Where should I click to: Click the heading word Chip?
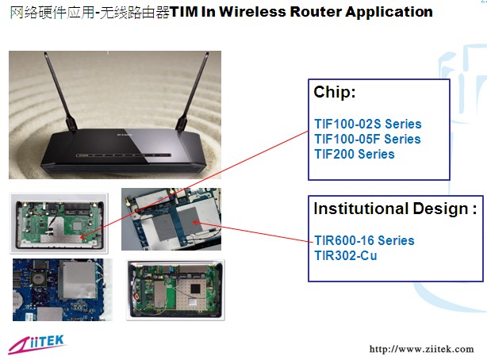coord(335,93)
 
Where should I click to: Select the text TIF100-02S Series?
coord(367,124)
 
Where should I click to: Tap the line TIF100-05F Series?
coord(367,140)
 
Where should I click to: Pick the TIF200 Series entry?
coord(354,154)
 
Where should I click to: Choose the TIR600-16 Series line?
coord(364,240)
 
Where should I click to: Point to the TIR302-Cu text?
coord(347,255)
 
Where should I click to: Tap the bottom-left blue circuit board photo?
coord(62,289)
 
